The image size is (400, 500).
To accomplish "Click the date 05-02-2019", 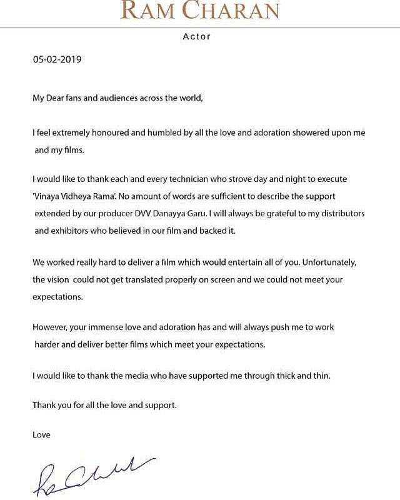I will click(x=57, y=61).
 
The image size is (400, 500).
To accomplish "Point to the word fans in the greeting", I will click(x=86, y=98).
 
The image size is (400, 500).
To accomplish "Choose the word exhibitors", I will click(x=73, y=231).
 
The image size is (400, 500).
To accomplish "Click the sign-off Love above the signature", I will click(x=41, y=434).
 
